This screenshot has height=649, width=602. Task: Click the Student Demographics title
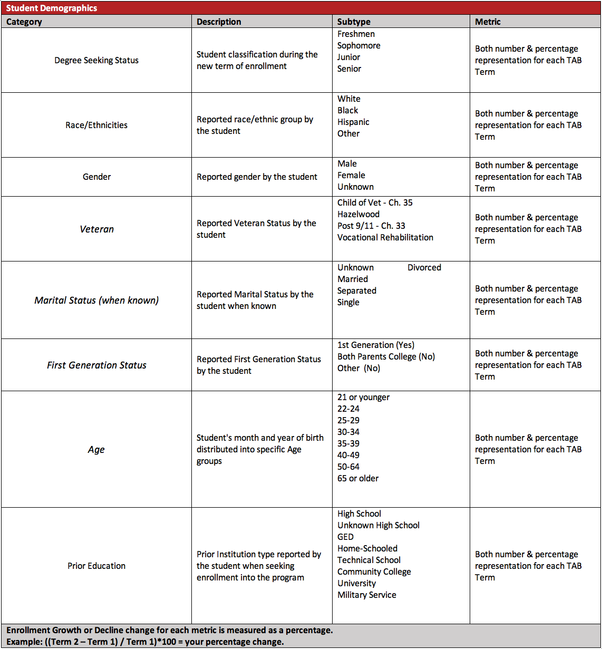(x=52, y=8)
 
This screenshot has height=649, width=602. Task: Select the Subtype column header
(x=354, y=22)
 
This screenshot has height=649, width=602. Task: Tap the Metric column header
(x=488, y=22)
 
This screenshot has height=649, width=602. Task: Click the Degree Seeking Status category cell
(x=96, y=60)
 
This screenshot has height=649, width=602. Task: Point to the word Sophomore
(x=358, y=45)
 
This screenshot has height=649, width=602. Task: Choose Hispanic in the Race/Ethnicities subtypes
(x=353, y=122)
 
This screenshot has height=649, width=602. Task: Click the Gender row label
(x=96, y=177)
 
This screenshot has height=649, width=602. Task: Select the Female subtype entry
(x=351, y=175)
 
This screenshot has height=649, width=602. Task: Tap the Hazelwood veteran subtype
(x=358, y=214)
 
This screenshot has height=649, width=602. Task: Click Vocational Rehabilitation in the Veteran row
(x=385, y=237)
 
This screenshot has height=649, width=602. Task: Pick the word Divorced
(x=424, y=267)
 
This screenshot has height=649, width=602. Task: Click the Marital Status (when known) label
(x=96, y=300)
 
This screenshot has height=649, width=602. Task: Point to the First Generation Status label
(x=96, y=365)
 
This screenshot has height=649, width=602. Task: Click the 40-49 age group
(x=348, y=455)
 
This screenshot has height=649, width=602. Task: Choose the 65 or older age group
(x=358, y=478)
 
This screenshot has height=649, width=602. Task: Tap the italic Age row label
(x=96, y=449)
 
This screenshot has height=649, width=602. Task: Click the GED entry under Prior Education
(x=345, y=537)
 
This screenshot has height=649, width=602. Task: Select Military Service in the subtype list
(x=367, y=595)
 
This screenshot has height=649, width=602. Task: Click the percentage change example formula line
(x=145, y=642)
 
